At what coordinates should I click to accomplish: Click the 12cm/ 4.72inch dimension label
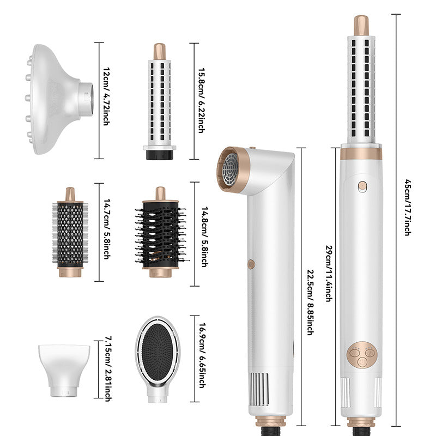click(106, 96)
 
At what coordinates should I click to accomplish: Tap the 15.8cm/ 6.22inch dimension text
click(202, 100)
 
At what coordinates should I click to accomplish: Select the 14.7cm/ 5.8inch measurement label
click(107, 229)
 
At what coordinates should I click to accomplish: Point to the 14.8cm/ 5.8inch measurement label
click(205, 237)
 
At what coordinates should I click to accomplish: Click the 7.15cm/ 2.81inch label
click(108, 369)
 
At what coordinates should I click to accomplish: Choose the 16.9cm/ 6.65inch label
click(202, 355)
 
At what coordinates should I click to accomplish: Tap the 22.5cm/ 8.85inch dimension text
click(311, 302)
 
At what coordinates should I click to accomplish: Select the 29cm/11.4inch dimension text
click(329, 274)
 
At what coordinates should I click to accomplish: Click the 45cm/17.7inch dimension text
click(407, 208)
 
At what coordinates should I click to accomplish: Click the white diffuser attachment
click(59, 99)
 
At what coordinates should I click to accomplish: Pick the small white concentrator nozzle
click(64, 371)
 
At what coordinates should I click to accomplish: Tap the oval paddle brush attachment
click(158, 359)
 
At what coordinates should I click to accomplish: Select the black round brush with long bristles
click(160, 232)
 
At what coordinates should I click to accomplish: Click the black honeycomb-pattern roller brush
click(70, 232)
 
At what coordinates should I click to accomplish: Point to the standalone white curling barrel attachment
click(160, 101)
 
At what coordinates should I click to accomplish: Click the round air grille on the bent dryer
click(231, 169)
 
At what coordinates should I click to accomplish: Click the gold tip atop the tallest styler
click(361, 25)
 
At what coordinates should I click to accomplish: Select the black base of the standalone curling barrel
click(160, 155)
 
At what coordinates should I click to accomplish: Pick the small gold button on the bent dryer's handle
click(251, 264)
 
